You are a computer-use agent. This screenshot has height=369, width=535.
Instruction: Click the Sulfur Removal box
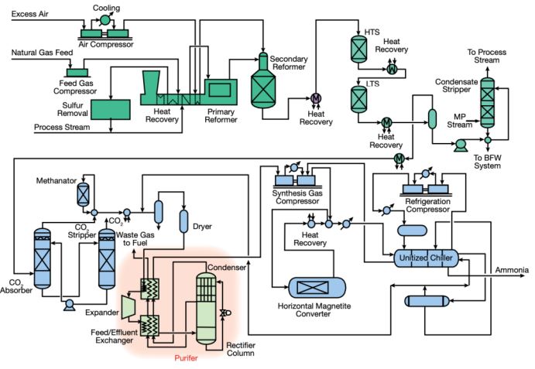(111, 109)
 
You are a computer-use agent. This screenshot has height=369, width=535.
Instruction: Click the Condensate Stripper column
(488, 102)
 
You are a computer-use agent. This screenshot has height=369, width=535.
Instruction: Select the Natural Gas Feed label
(42, 53)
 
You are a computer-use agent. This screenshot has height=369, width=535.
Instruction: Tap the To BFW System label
(489, 160)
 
